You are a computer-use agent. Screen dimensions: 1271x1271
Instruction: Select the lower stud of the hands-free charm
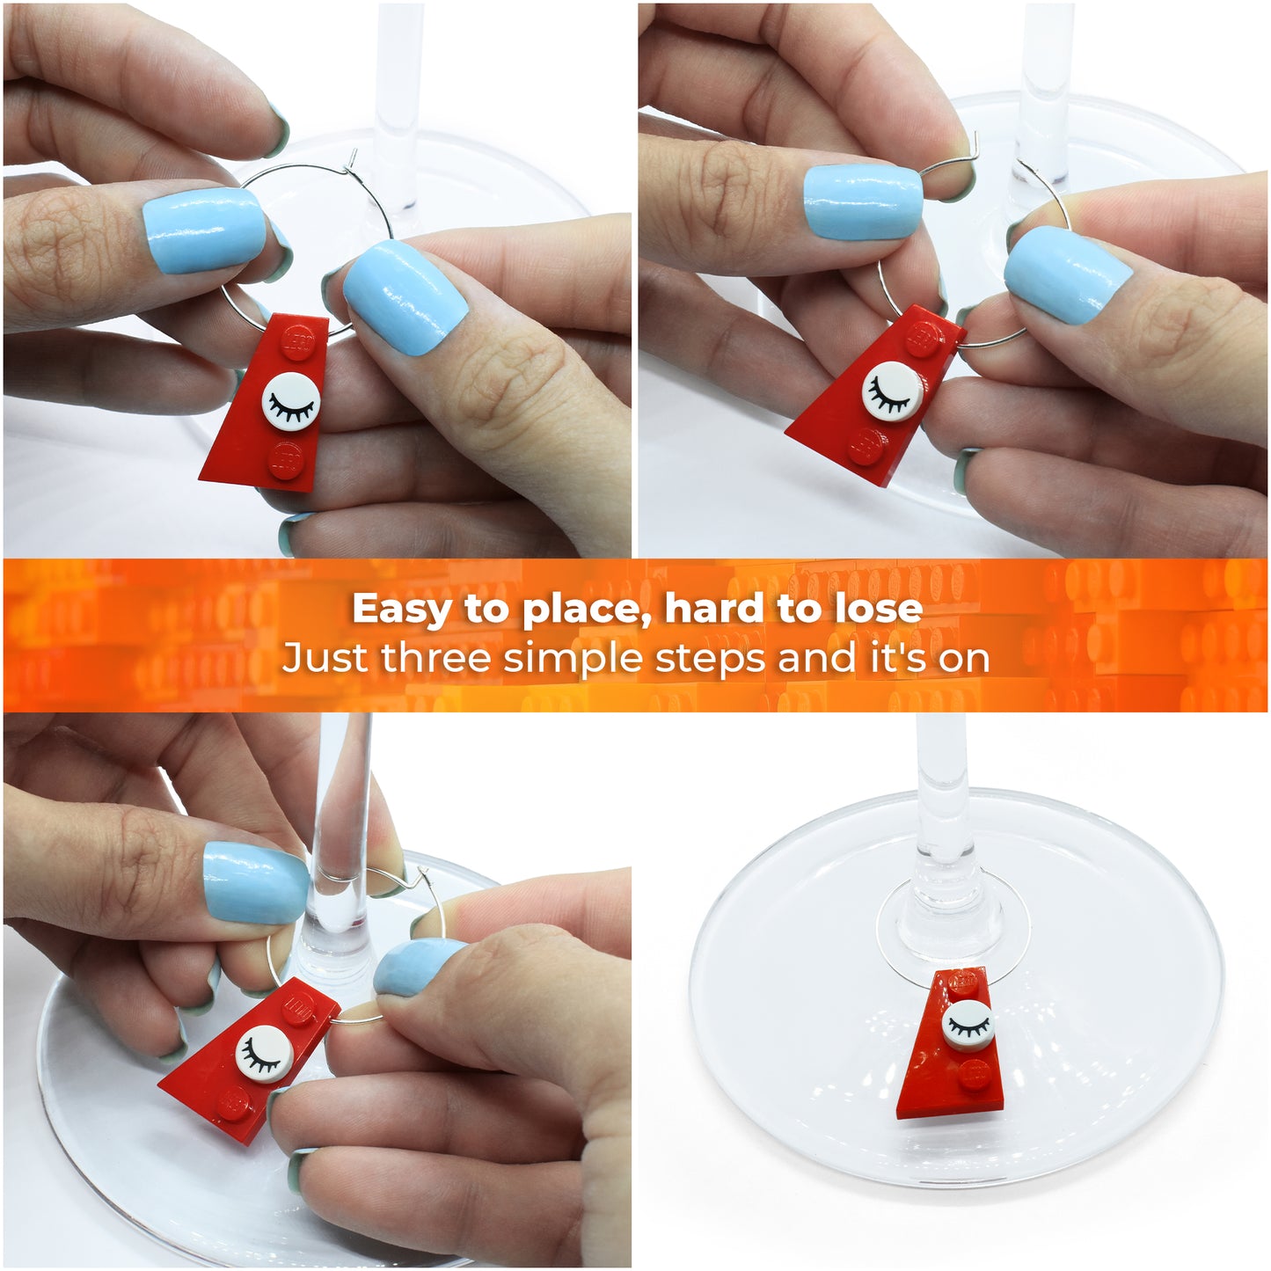point(975,1075)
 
